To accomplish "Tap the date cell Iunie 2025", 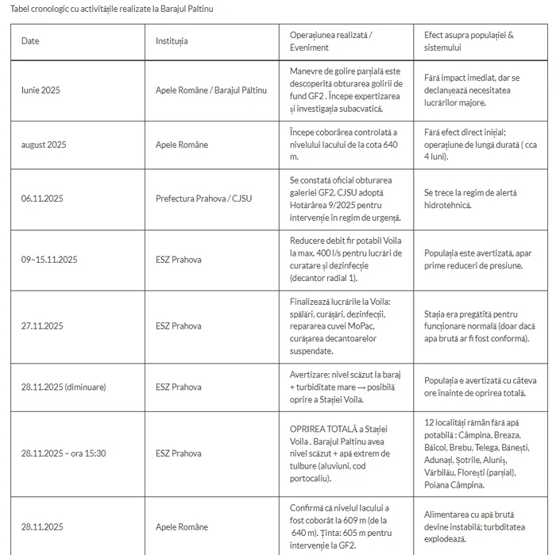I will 41,91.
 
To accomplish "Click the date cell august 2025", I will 44,145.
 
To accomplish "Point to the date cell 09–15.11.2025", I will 49,260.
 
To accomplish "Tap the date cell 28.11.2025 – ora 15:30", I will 64,454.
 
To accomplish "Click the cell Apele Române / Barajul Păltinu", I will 211,91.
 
